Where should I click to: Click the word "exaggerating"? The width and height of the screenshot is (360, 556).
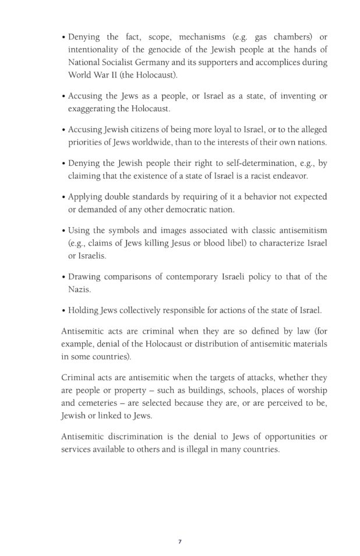point(93,108)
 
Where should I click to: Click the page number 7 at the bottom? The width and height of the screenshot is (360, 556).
point(180,541)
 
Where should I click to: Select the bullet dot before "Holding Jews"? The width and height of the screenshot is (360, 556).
point(63,309)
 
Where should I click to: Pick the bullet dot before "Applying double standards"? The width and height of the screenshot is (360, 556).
point(63,197)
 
